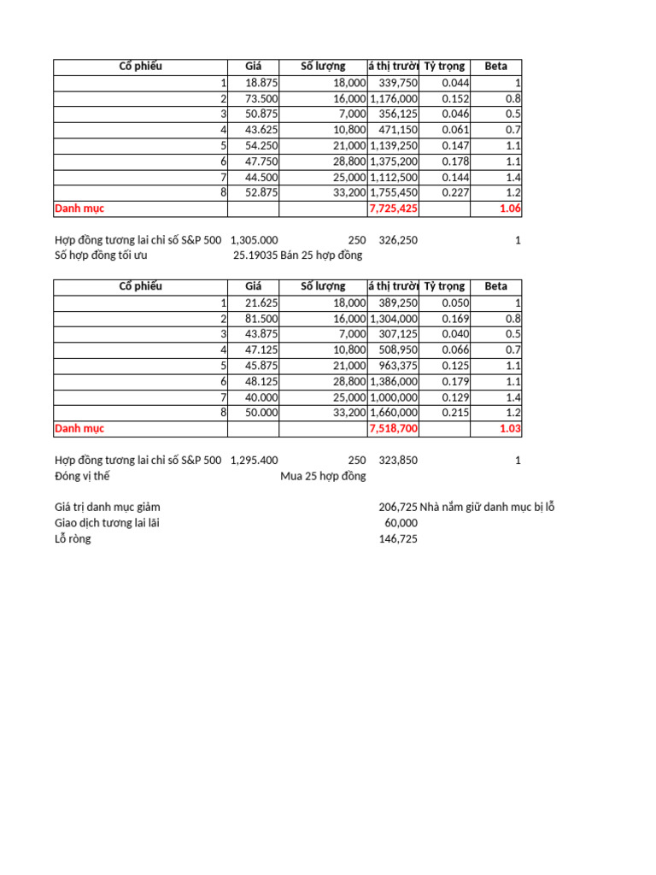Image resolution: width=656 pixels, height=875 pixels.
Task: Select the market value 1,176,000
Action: [x=394, y=99]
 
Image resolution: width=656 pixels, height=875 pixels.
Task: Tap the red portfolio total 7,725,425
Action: [x=394, y=208]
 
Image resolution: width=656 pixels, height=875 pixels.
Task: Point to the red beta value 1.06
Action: [x=510, y=208]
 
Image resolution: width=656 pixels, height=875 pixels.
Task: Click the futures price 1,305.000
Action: [x=254, y=240]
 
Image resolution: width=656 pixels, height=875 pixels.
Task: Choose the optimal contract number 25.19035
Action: [x=255, y=255]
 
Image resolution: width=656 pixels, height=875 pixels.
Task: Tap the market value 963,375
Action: [x=397, y=366]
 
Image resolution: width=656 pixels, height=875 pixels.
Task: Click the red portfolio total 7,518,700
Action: [x=394, y=428]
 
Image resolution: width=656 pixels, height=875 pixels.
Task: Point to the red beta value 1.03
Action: [x=510, y=428]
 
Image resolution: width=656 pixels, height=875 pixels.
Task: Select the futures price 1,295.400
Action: [x=254, y=461]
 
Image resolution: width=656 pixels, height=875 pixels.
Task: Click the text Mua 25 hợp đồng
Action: [x=323, y=476]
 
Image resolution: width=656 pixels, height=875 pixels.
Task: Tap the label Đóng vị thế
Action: [x=82, y=476]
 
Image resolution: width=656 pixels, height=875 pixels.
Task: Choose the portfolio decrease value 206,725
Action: [x=398, y=508]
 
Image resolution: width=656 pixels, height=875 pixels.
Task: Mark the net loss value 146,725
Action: [x=398, y=539]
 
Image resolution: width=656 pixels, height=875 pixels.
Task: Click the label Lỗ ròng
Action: [x=73, y=539]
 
